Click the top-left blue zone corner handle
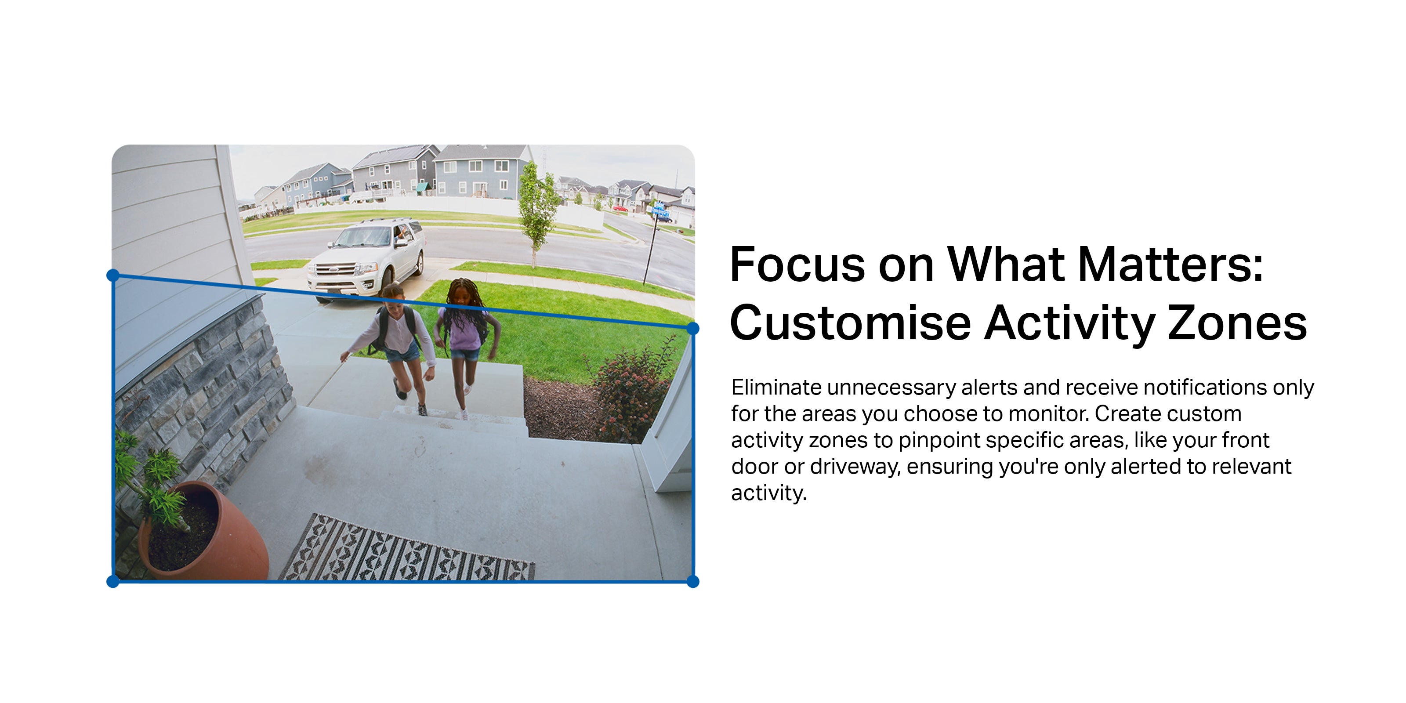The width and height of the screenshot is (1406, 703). tap(113, 275)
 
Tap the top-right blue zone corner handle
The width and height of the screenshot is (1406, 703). tap(692, 328)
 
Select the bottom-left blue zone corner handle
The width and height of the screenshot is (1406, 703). tap(113, 581)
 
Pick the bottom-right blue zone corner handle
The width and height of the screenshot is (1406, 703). tap(692, 581)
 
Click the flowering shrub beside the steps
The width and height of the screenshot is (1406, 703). tap(633, 390)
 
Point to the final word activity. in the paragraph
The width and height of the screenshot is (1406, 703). tap(768, 493)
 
